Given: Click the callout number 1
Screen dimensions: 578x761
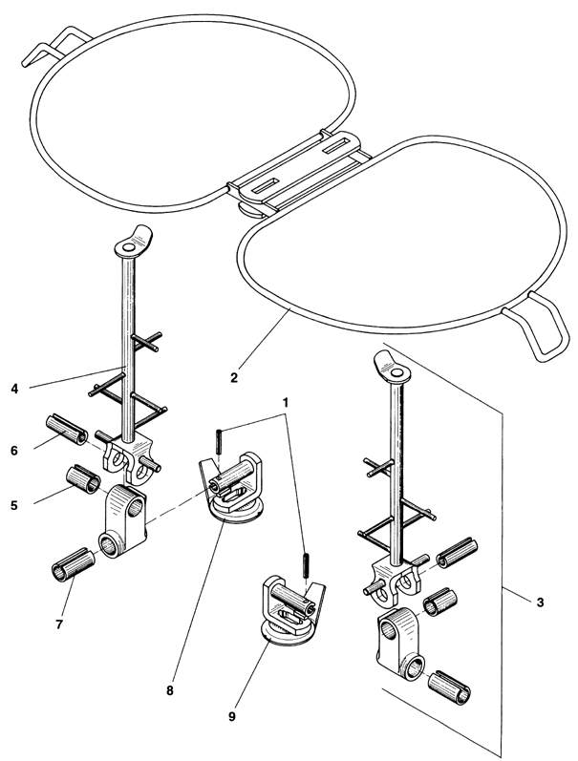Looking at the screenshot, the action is pos(286,402).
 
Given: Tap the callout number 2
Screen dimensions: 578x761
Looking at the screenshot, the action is pos(234,377).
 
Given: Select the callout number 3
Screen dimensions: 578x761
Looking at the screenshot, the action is pos(540,602).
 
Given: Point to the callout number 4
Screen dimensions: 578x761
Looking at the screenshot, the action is pos(14,389).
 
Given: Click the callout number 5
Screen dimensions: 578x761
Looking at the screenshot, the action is pos(14,505).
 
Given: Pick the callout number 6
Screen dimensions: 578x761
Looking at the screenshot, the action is pos(14,451).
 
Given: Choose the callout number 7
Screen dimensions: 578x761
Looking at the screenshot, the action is pos(59,624).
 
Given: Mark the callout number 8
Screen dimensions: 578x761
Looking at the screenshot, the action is pos(169,691).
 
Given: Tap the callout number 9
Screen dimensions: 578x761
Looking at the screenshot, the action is pos(232,716).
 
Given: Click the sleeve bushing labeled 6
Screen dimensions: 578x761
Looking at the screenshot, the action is pos(67,429).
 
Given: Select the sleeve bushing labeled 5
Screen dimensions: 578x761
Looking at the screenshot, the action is pos(83,480).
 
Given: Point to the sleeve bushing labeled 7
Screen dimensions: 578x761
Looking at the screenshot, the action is pos(72,564).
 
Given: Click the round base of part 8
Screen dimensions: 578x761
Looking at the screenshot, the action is pos(235,512).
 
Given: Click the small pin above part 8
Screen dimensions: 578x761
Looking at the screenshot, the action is pos(220,440).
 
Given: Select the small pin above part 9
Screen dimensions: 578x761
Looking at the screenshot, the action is pos(306,565).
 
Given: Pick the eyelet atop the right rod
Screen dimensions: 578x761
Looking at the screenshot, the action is pos(392,368).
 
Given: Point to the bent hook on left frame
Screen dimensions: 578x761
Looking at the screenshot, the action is pos(54,45).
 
